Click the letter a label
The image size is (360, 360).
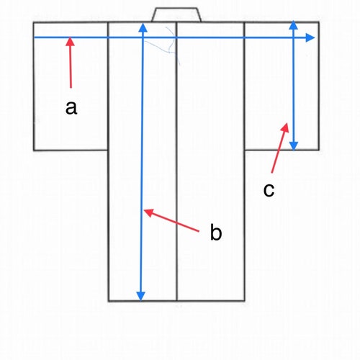coord(71,108)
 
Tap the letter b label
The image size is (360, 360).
coord(216,232)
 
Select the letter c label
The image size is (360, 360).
coord(269,190)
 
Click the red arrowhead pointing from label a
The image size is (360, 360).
coord(70,41)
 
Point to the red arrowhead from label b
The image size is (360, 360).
coord(148,212)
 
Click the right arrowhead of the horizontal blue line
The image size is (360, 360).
coord(310,37)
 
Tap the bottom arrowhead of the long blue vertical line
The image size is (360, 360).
coord(140,296)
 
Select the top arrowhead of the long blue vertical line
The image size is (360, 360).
coord(143,27)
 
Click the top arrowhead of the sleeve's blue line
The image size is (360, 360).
coord(293,25)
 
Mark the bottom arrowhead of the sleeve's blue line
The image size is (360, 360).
coord(294,146)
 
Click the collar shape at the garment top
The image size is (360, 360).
coord(176,15)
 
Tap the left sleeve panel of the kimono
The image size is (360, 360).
coord(71,86)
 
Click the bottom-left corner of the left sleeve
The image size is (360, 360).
coord(34,150)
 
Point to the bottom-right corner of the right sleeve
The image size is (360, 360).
coord(319,150)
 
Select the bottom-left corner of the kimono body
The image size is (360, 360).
coord(109,301)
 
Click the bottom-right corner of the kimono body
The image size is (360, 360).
coord(245,300)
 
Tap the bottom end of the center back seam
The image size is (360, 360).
coord(177,300)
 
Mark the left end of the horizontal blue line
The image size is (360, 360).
coord(34,37)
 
